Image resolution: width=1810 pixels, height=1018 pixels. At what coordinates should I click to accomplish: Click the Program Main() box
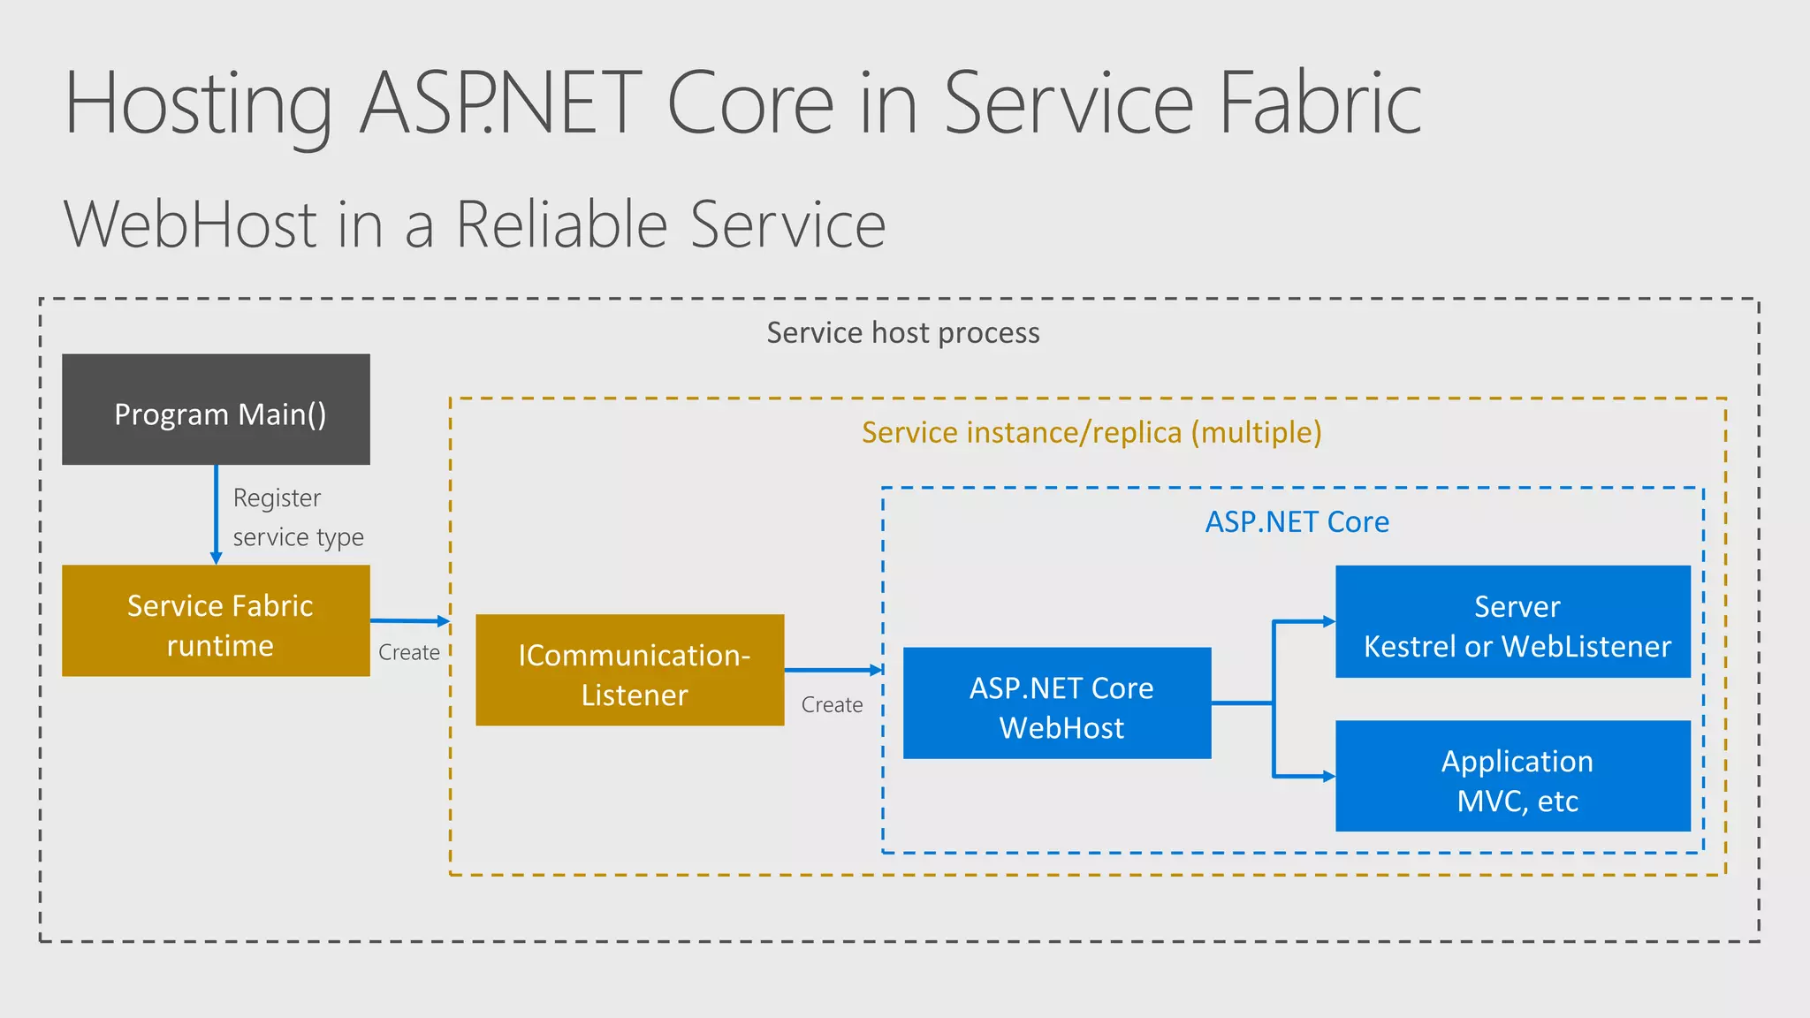point(216,409)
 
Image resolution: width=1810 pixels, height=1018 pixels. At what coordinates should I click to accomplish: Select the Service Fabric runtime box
point(216,621)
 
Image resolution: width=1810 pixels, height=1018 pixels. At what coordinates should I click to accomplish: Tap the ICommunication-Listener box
point(629,671)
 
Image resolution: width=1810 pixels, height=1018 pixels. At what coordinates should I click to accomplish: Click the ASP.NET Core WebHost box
point(1057,703)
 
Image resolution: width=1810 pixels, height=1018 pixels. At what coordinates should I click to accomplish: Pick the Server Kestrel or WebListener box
point(1512,622)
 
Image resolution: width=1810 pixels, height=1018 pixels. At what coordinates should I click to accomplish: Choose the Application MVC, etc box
point(1512,776)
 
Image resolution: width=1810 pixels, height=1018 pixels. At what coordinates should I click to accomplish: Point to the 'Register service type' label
point(297,518)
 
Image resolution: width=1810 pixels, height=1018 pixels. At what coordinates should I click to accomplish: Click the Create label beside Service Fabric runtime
point(408,653)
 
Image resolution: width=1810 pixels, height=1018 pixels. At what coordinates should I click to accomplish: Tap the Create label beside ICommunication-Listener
point(832,705)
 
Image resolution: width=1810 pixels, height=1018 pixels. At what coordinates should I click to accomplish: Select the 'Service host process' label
point(902,333)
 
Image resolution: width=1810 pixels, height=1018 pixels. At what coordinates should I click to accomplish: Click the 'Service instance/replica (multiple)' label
point(1091,433)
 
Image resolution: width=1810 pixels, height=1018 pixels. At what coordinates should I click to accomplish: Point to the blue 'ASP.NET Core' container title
point(1297,522)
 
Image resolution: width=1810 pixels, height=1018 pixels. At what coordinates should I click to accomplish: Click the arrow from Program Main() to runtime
point(216,513)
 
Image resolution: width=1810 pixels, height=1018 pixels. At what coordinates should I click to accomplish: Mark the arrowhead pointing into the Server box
point(1328,622)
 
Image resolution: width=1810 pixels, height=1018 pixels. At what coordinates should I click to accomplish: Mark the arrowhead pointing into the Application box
point(1328,777)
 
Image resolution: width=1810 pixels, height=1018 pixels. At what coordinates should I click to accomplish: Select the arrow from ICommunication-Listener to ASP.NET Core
point(831,670)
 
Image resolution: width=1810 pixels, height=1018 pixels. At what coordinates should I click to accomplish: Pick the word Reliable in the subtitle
point(561,225)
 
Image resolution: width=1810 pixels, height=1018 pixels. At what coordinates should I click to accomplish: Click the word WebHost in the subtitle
point(190,225)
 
